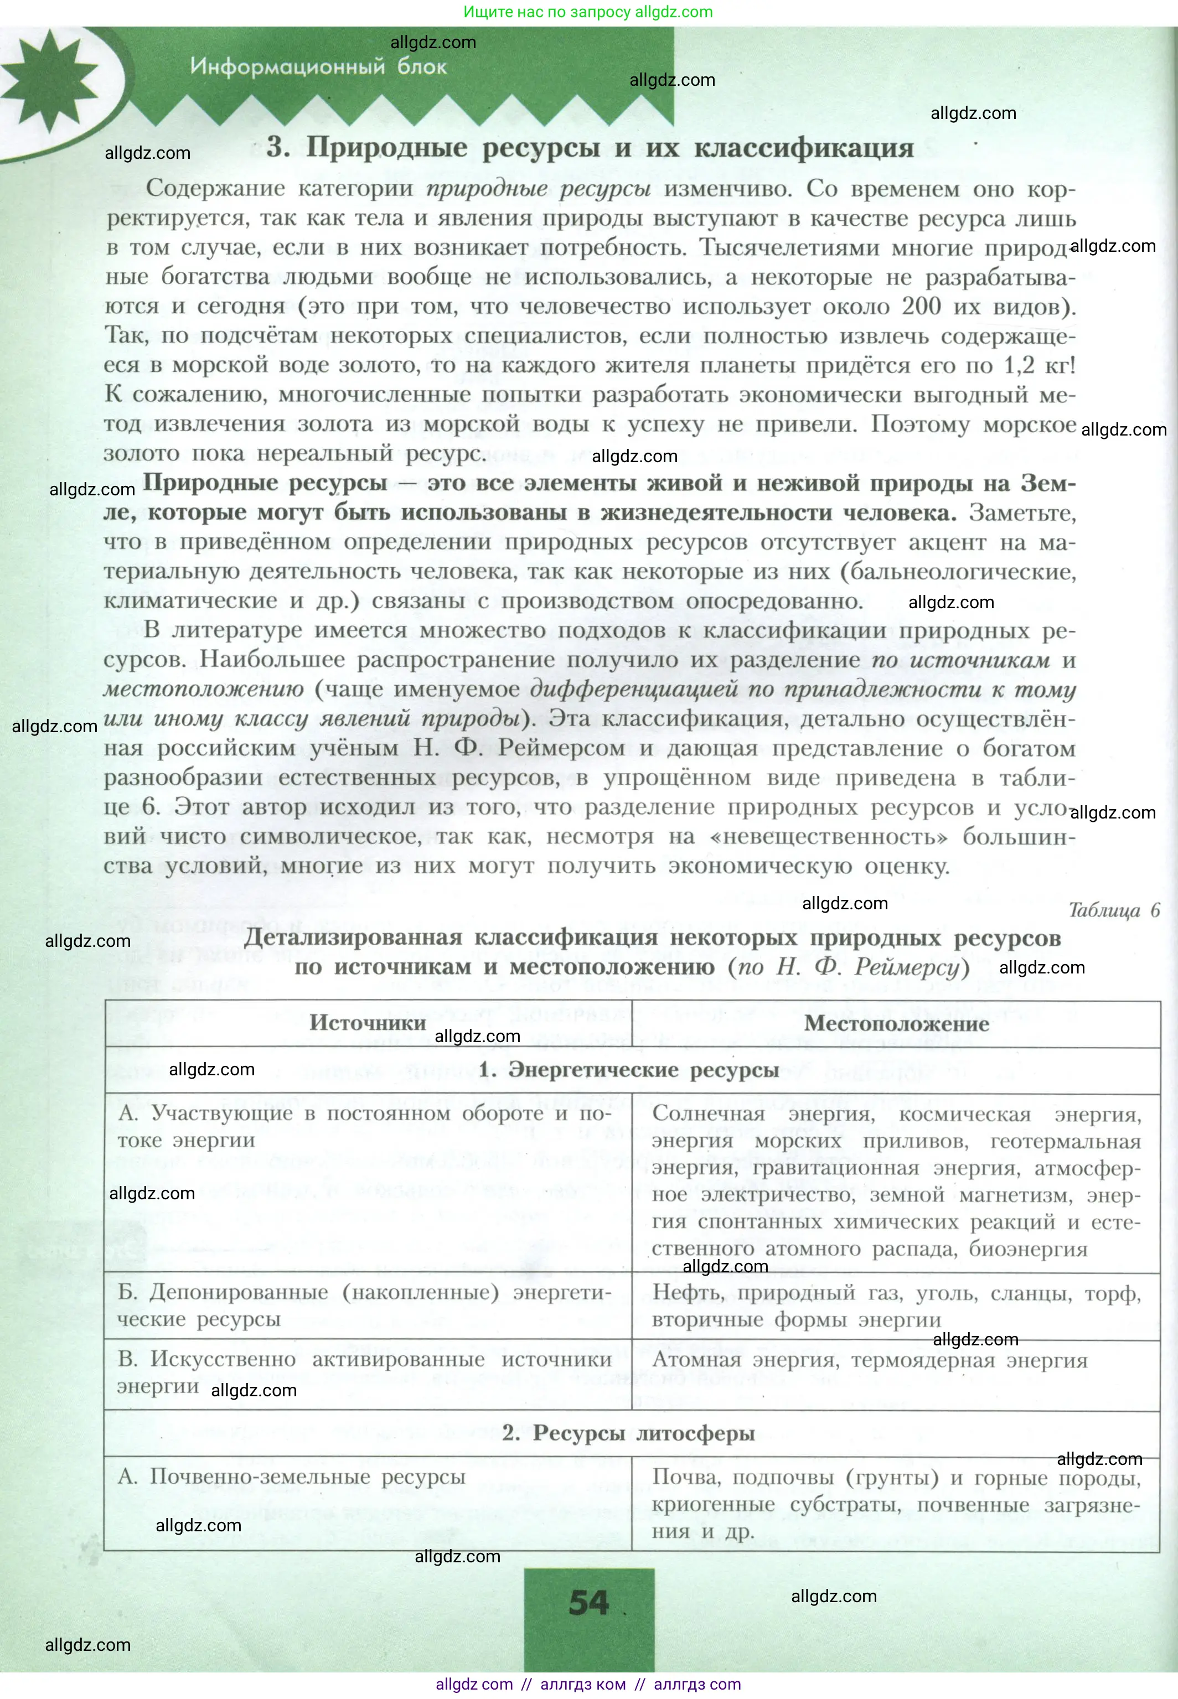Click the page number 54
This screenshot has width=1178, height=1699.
point(588,1602)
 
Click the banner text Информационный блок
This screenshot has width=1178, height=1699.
point(318,66)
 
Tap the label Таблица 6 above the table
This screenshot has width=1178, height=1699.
point(1114,910)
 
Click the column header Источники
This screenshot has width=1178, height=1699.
point(368,1023)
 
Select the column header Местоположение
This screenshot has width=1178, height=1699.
point(896,1023)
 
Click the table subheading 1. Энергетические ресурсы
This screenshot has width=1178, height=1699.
point(628,1070)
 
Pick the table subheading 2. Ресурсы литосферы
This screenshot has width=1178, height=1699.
point(628,1433)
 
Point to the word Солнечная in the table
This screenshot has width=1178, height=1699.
point(709,1113)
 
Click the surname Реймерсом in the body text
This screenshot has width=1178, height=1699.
point(562,748)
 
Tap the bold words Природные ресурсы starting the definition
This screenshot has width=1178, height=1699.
point(265,483)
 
